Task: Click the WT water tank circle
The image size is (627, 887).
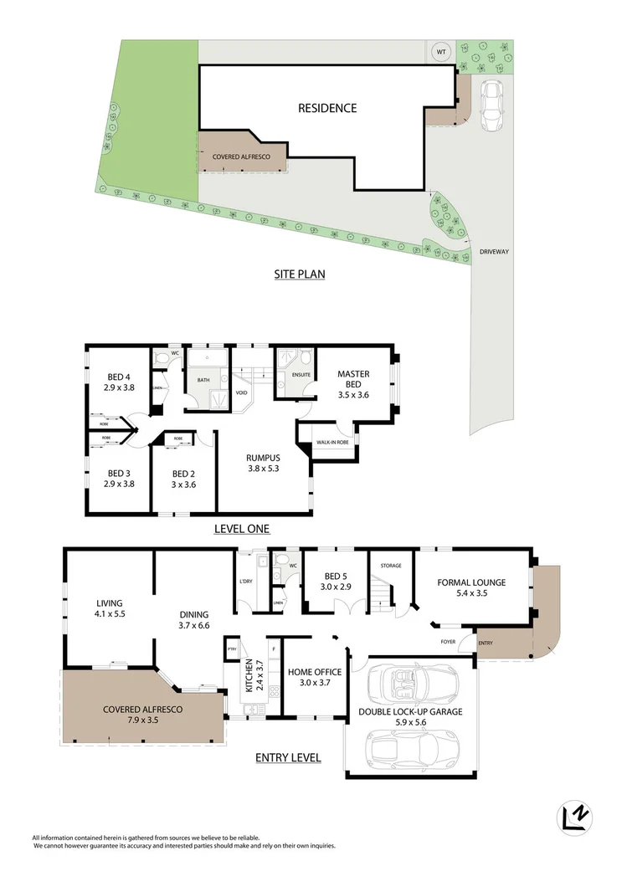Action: (x=439, y=52)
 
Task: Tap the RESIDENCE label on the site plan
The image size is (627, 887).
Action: (x=327, y=108)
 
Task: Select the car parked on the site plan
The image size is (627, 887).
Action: (x=491, y=105)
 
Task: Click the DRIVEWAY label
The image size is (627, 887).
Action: (x=495, y=252)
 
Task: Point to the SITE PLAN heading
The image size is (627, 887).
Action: (x=300, y=274)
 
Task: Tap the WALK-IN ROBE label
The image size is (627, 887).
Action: (x=332, y=442)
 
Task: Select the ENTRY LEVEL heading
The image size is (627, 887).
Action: (x=288, y=758)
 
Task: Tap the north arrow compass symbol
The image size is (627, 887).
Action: (x=574, y=818)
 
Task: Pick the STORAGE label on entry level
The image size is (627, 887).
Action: (x=391, y=566)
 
